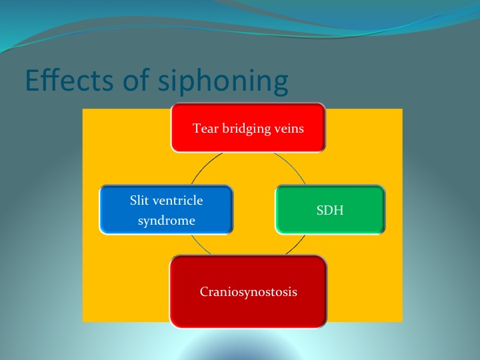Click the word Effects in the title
point(69,80)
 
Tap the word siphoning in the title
point(223,81)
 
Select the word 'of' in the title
point(135,80)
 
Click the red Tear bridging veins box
point(248,127)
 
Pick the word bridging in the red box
point(247,129)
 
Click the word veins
point(289,128)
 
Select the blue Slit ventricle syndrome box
point(166,210)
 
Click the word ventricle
point(177,200)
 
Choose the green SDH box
point(330,210)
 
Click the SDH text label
point(330,210)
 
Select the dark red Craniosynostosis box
point(248,291)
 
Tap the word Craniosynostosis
point(248,292)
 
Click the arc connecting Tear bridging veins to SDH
point(292,165)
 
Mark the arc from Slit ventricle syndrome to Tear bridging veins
point(205,165)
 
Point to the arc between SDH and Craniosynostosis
point(297,246)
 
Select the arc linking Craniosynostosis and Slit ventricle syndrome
point(199,246)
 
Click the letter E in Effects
point(32,80)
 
